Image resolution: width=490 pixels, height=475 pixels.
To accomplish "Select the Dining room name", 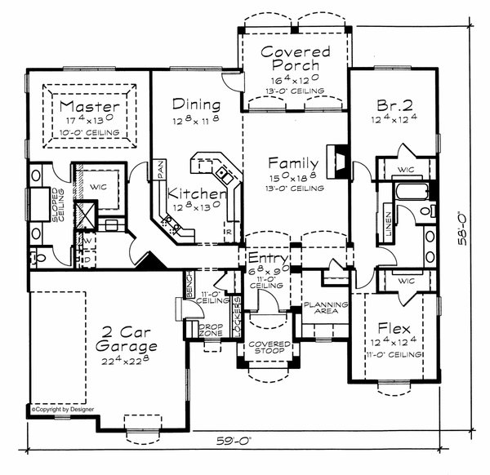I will [197, 104].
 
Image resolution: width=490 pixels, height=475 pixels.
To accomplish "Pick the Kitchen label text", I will [196, 194].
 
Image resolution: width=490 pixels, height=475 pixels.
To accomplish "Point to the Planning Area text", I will [321, 308].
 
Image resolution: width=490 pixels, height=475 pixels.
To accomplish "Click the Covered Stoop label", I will [269, 348].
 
